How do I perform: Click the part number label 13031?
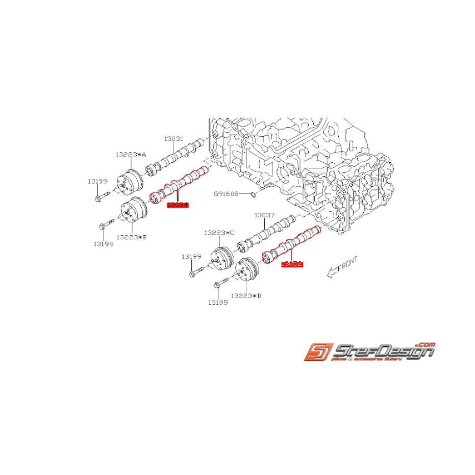pyautogui.click(x=173, y=139)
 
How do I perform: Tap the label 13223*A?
pyautogui.click(x=130, y=154)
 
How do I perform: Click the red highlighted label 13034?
pyautogui.click(x=178, y=205)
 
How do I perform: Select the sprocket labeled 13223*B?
pyautogui.click(x=134, y=211)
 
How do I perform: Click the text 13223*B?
pyautogui.click(x=131, y=237)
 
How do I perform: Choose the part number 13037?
pyautogui.click(x=264, y=216)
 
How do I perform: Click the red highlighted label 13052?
pyautogui.click(x=292, y=264)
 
